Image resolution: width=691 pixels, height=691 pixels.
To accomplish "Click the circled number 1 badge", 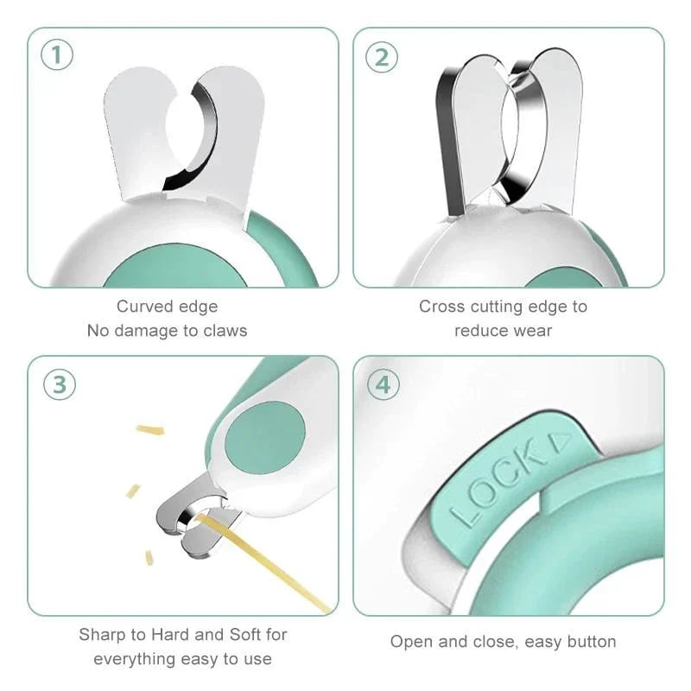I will [x=57, y=57].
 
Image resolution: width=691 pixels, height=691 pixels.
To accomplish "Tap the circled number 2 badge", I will [x=382, y=57].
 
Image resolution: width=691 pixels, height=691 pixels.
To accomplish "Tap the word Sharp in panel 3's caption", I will [x=102, y=635].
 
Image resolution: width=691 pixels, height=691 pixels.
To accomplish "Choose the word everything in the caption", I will [x=132, y=659].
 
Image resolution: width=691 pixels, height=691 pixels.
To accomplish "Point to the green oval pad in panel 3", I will [x=264, y=441].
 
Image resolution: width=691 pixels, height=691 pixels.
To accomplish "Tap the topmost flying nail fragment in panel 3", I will [x=150, y=429].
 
